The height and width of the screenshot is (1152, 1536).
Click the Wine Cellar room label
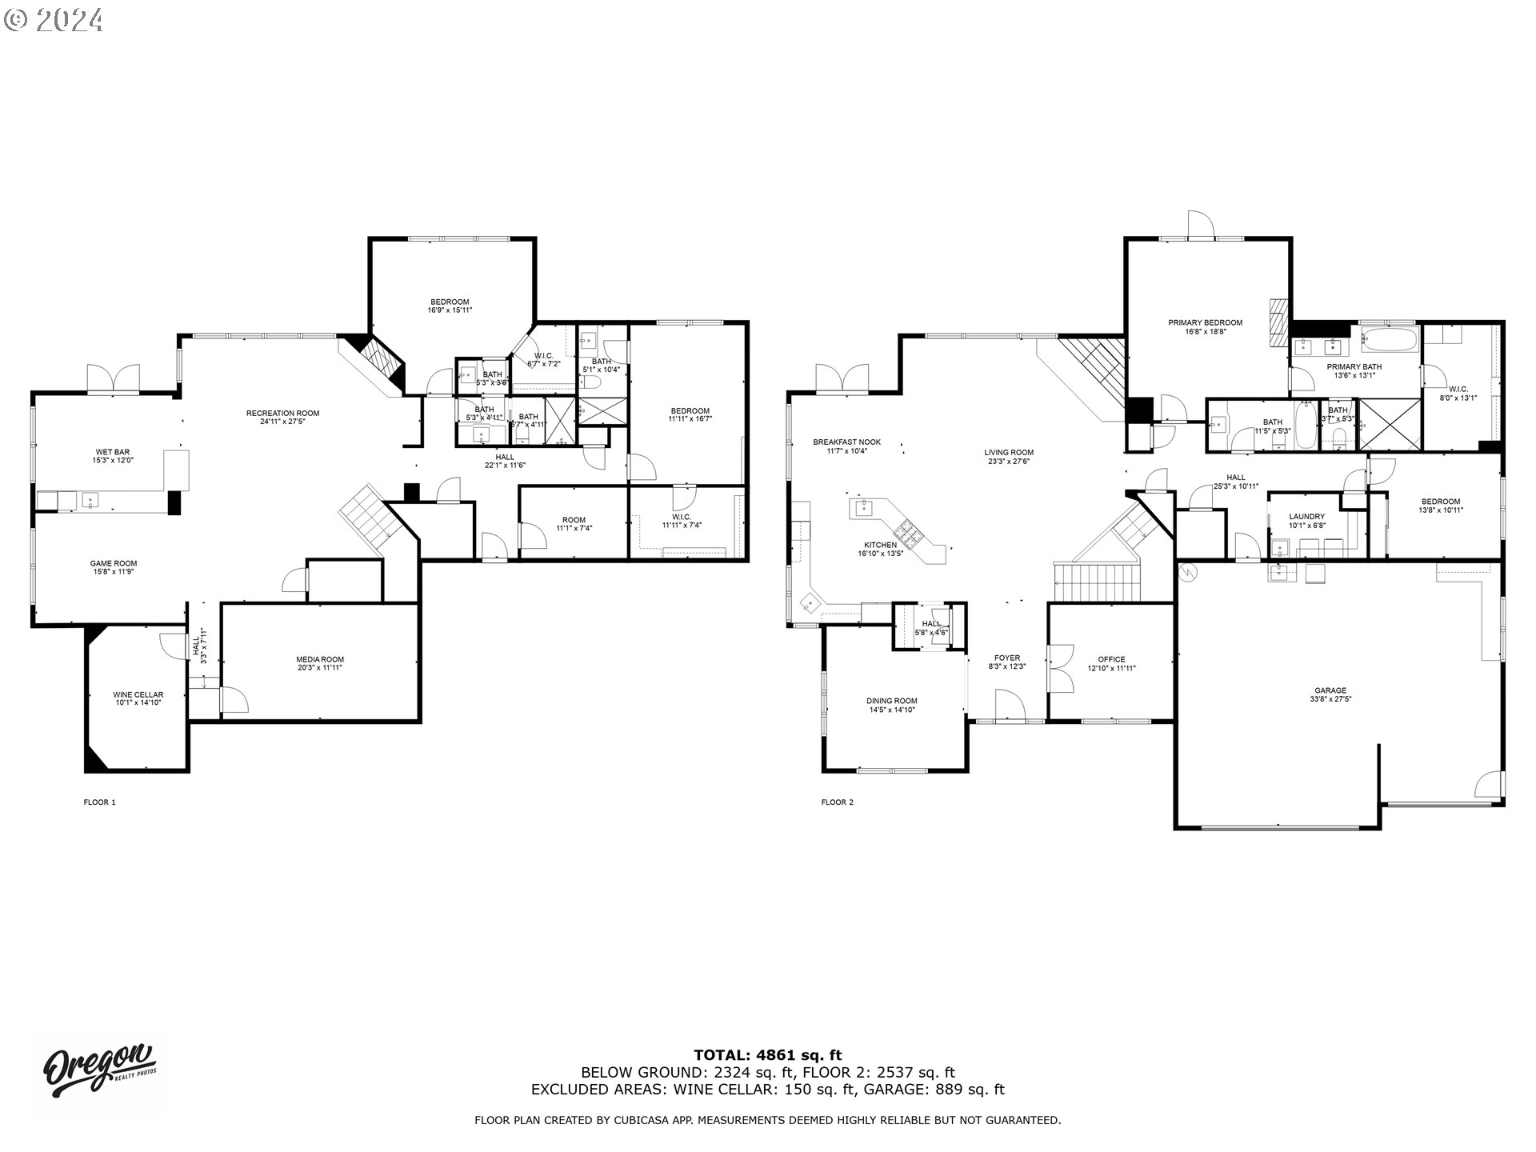[138, 694]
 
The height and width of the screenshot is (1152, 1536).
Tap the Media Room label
[320, 659]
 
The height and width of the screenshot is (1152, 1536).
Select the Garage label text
[1330, 690]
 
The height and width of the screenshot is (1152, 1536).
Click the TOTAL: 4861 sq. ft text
[767, 1055]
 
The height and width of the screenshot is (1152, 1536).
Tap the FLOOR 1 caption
[100, 802]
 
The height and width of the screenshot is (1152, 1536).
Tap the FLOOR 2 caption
[837, 802]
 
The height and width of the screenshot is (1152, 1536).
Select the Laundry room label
[1306, 516]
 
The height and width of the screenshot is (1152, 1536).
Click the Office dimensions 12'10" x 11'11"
[1111, 668]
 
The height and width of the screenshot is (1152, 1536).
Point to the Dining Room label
[891, 701]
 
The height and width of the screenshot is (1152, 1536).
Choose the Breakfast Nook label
[846, 442]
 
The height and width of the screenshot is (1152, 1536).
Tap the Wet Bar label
[111, 452]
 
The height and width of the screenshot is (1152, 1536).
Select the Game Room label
[113, 563]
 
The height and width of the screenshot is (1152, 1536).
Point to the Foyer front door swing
[1010, 706]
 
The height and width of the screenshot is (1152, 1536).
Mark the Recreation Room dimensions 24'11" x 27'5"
[282, 422]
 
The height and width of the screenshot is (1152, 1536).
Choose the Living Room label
[1009, 452]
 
